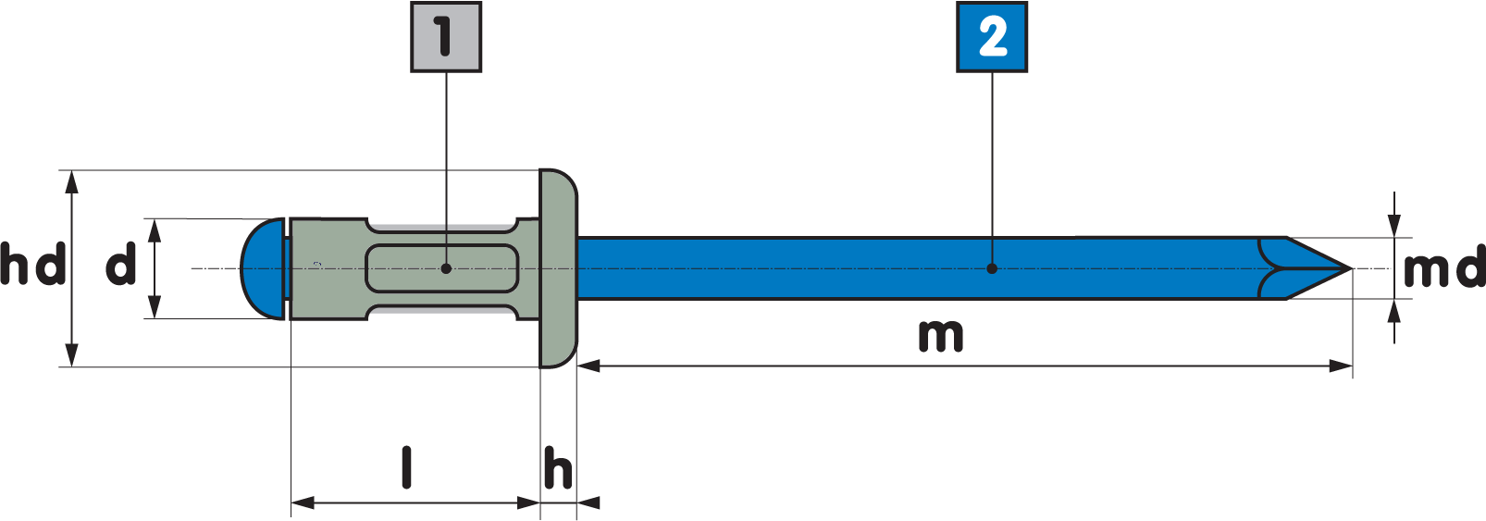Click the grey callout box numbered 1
[x=445, y=37]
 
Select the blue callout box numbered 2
[x=991, y=37]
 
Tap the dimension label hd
[x=32, y=265]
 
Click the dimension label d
[x=120, y=266]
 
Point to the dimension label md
[x=1443, y=269]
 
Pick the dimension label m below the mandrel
[x=940, y=335]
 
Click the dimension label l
[x=406, y=467]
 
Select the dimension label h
[x=558, y=468]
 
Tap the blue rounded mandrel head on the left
[x=262, y=268]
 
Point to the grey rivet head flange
[x=558, y=268]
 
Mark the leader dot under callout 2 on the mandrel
[x=992, y=268]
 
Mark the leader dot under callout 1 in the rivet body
[x=446, y=268]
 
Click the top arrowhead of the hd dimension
[x=72, y=181]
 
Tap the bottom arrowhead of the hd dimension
[x=72, y=356]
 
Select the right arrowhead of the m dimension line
[x=1342, y=366]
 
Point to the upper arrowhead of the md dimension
[x=1394, y=226]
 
